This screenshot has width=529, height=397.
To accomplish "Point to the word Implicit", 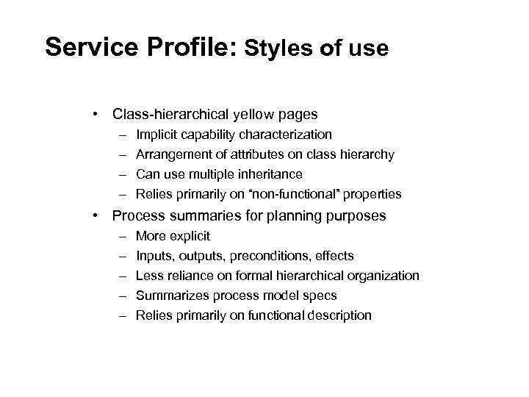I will click(x=157, y=135).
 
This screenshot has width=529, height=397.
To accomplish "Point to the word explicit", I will click(x=190, y=236).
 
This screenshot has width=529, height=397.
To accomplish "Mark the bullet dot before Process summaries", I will click(x=96, y=216).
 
